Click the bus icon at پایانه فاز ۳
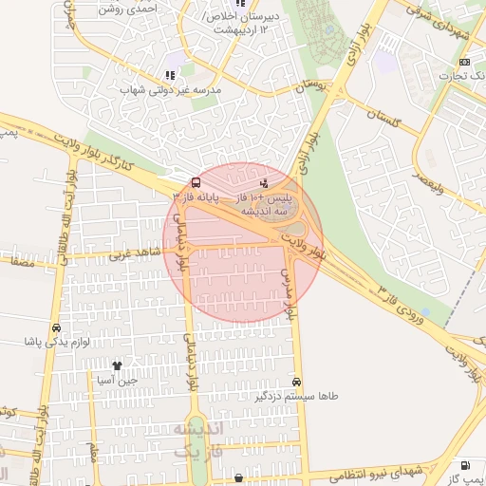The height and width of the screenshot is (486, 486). [x=196, y=181]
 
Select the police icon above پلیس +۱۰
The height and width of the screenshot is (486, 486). [x=263, y=181]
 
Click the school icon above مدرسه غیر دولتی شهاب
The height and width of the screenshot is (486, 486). [x=170, y=74]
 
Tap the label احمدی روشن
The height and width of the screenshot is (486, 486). [x=154, y=7]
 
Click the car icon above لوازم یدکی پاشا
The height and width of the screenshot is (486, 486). [x=56, y=327]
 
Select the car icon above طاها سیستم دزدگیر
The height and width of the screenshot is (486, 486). [x=297, y=381]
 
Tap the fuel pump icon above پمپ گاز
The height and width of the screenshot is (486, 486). [x=464, y=465]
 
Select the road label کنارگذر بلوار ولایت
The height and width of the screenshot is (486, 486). [x=118, y=152]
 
